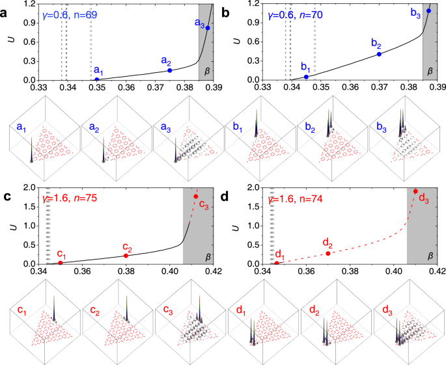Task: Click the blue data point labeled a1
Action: click(x=97, y=79)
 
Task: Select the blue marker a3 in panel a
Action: click(x=208, y=28)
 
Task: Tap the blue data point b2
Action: click(x=379, y=54)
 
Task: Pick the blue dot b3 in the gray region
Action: click(x=428, y=11)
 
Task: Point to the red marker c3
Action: click(x=195, y=196)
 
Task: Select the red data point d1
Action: click(x=277, y=263)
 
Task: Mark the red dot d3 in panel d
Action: click(x=415, y=191)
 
